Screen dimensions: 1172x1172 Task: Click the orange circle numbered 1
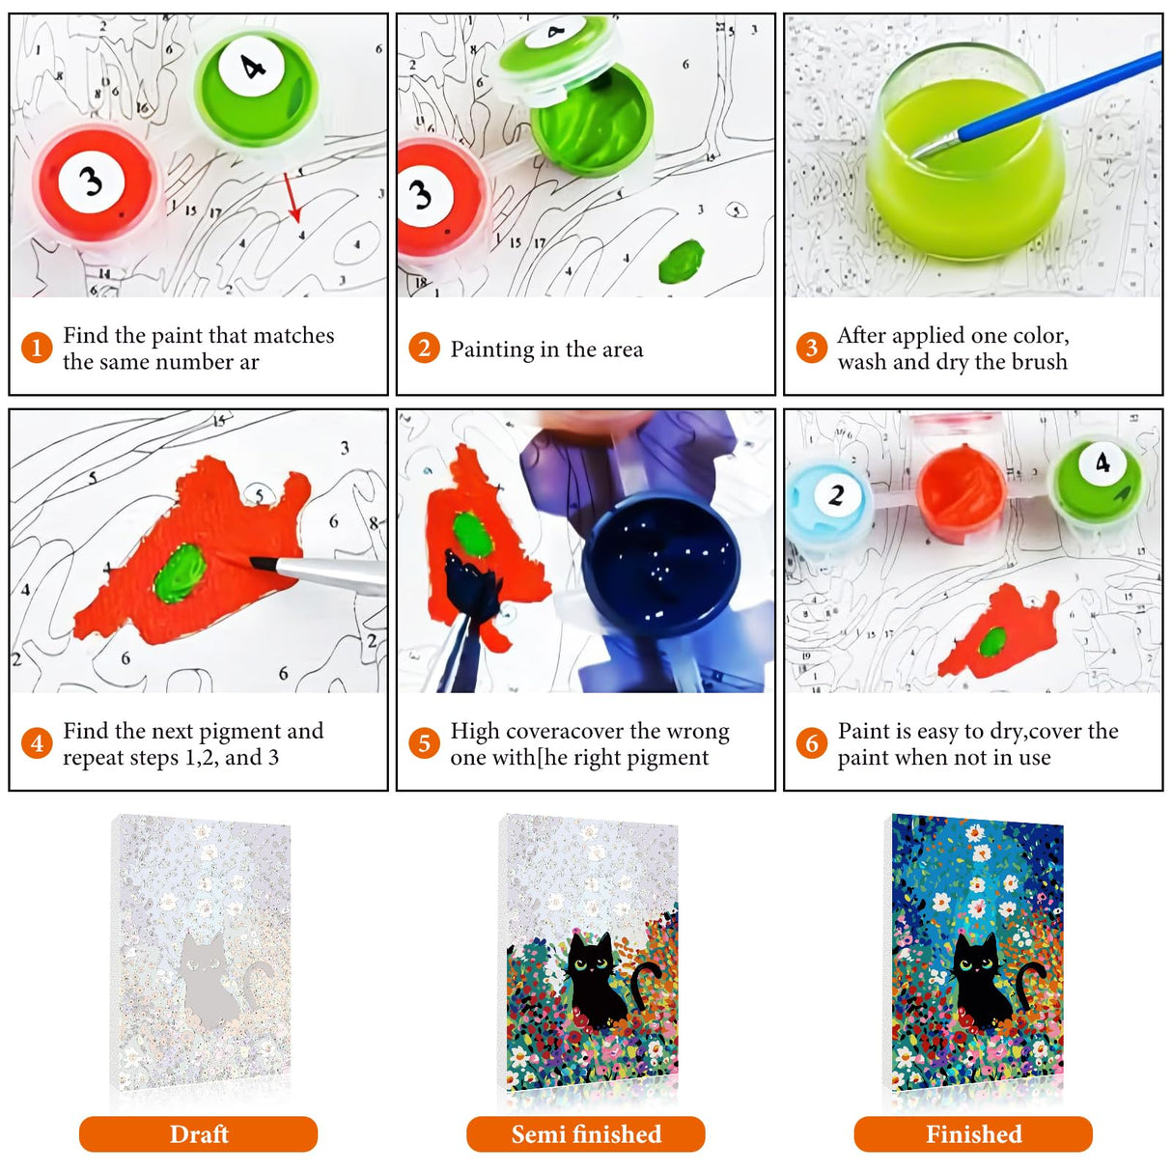[37, 348]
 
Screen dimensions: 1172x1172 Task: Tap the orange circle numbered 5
[424, 743]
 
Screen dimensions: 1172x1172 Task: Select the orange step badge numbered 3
[811, 348]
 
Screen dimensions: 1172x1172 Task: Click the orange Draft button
[198, 1133]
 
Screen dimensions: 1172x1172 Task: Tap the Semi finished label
[586, 1133]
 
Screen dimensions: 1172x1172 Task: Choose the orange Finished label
[973, 1133]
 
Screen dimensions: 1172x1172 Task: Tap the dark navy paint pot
[660, 566]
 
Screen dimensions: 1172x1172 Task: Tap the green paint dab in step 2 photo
[681, 262]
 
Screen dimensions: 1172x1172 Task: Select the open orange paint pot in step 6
[961, 492]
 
